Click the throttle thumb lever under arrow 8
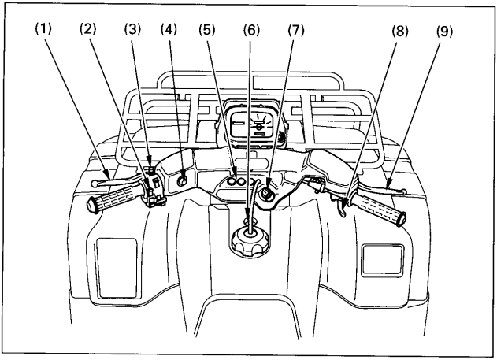point(342,209)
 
